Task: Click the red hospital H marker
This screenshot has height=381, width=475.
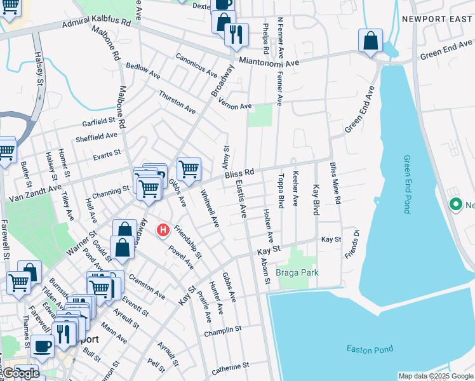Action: (x=163, y=229)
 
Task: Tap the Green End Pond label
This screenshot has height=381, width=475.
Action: (x=407, y=184)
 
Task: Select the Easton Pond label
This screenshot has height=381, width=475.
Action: (x=370, y=349)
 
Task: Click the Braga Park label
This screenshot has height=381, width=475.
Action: (x=297, y=272)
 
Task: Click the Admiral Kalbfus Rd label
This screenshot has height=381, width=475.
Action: (x=96, y=25)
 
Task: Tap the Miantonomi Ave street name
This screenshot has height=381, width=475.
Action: (x=269, y=63)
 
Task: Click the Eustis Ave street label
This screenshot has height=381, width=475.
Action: (x=240, y=197)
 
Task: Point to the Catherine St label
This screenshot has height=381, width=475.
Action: (x=230, y=367)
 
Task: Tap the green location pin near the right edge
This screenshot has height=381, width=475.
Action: (x=455, y=205)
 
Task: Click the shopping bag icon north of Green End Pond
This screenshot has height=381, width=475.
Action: (x=370, y=41)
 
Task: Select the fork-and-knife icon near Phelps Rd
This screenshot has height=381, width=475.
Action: (x=236, y=34)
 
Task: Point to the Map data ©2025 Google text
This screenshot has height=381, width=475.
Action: (x=435, y=376)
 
